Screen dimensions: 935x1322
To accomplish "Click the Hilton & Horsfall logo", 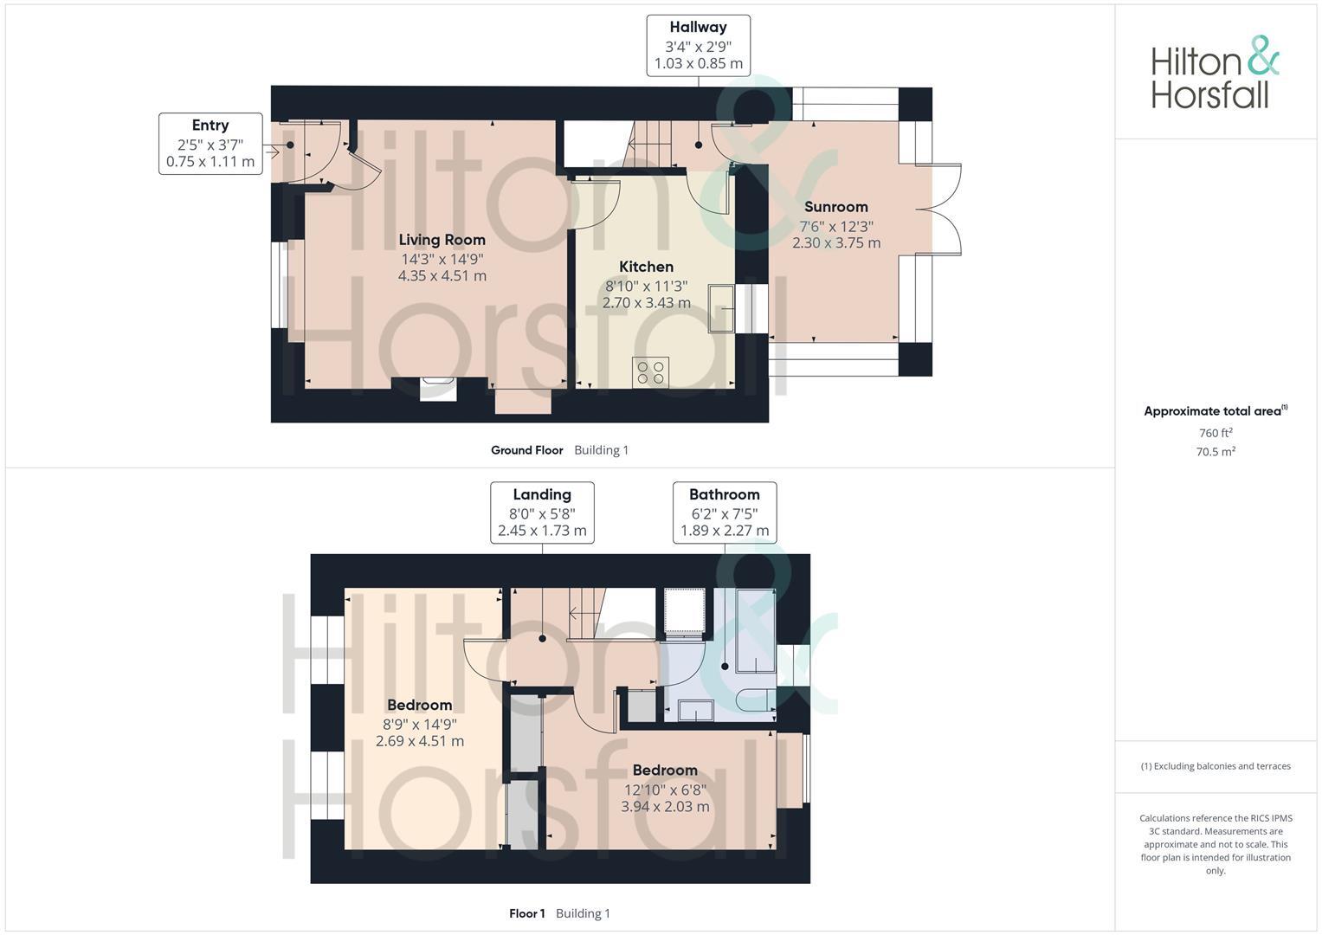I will [1214, 73].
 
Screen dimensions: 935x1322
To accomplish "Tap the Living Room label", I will [442, 240].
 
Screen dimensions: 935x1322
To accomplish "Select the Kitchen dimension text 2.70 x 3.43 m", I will [646, 303].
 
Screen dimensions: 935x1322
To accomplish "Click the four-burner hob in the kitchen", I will [650, 373].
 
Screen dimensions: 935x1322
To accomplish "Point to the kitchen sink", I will [721, 308].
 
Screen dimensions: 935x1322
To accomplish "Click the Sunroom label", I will [835, 207].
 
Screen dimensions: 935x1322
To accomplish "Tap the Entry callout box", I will [210, 144].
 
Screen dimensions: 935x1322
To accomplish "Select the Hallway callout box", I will [698, 45].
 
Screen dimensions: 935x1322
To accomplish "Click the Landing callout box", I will [542, 513].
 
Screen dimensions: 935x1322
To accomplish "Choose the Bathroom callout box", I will [725, 513].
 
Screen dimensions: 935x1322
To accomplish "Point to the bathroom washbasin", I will [695, 710].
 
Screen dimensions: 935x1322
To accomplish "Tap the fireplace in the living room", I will [437, 389].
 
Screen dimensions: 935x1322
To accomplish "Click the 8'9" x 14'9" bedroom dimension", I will [420, 724].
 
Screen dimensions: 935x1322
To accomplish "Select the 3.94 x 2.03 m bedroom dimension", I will [665, 807].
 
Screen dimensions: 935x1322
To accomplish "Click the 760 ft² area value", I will [1216, 433].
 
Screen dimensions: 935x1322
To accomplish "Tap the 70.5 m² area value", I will [1216, 452].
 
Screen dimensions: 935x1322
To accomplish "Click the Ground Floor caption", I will [526, 450].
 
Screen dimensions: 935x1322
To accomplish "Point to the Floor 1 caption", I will [527, 913].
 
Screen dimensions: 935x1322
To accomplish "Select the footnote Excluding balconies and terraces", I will [1216, 766].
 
